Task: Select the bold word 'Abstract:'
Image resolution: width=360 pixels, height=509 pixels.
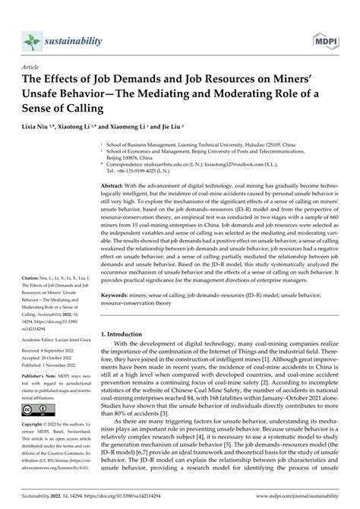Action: coord(125,185)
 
